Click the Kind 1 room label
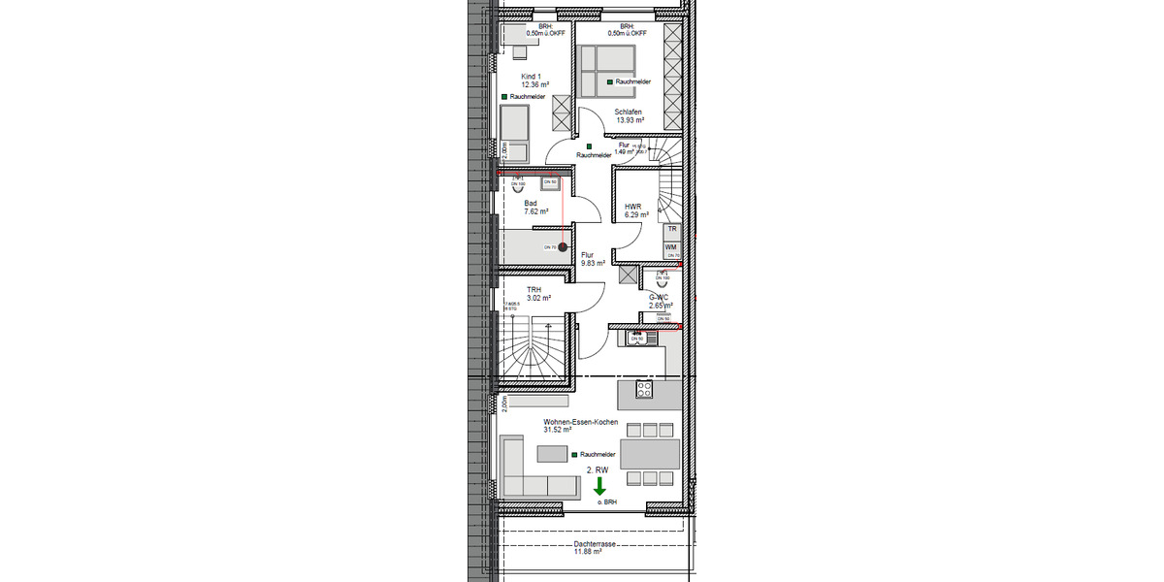tap(531, 77)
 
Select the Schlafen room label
tap(629, 112)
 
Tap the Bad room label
tap(531, 203)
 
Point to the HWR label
tap(633, 206)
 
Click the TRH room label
tap(533, 289)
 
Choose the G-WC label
tap(660, 297)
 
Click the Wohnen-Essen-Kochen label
tap(580, 422)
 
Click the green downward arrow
tap(600, 486)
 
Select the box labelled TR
tap(671, 230)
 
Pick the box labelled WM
tap(671, 248)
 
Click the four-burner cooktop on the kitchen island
tap(644, 389)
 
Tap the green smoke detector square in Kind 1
tap(504, 97)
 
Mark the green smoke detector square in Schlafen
tap(609, 82)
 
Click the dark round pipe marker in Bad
tap(563, 247)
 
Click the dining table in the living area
tap(649, 454)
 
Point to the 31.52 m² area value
tap(557, 431)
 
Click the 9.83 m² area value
tap(593, 263)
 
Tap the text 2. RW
tap(597, 469)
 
